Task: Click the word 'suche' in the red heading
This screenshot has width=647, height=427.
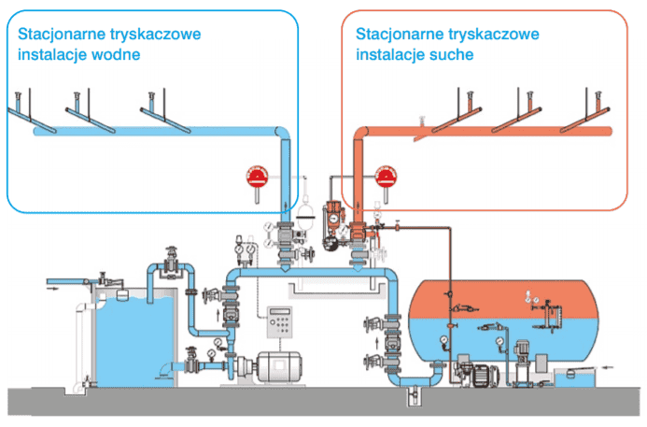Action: click(447, 54)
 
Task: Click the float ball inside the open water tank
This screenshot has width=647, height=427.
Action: click(121, 291)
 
